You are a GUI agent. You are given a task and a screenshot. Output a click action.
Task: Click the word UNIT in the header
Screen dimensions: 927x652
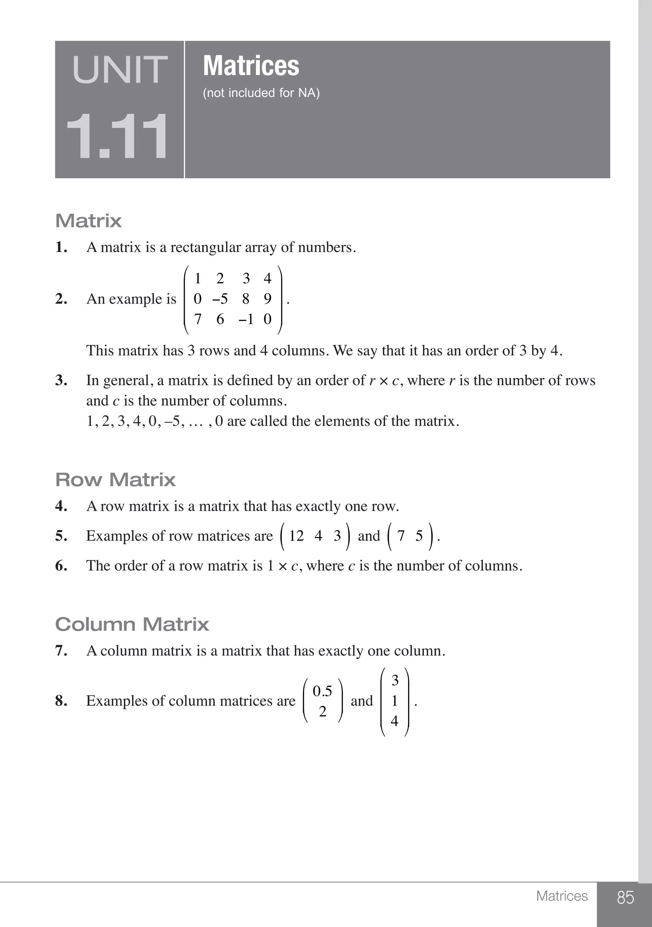tap(120, 70)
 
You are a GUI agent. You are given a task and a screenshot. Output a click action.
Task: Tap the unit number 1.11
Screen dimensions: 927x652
tap(117, 137)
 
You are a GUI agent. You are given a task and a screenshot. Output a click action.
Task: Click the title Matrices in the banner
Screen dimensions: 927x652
tap(251, 66)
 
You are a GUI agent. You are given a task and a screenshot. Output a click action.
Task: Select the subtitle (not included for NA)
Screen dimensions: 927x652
tap(261, 93)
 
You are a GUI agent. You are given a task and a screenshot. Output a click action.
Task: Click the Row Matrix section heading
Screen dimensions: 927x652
tap(116, 480)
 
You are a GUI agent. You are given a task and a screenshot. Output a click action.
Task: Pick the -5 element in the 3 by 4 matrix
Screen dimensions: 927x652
tap(220, 299)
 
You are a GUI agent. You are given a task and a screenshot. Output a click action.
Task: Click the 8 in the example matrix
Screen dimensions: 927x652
tap(245, 299)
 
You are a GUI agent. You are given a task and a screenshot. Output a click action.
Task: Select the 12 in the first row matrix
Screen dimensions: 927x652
tap(296, 536)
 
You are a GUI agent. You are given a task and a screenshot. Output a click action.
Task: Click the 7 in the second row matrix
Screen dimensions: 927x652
tap(401, 536)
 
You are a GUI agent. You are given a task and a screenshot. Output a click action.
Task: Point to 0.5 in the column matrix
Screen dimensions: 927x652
tap(322, 691)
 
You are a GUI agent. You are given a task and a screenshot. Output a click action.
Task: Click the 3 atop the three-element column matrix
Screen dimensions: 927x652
tap(395, 680)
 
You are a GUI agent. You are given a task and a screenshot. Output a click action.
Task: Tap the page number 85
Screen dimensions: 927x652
tap(625, 897)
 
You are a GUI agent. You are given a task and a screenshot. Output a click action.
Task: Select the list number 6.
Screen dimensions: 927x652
tap(61, 565)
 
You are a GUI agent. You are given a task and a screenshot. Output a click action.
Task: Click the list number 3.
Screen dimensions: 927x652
tap(61, 380)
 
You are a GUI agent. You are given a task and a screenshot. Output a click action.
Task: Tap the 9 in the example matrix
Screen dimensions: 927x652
tap(267, 299)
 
